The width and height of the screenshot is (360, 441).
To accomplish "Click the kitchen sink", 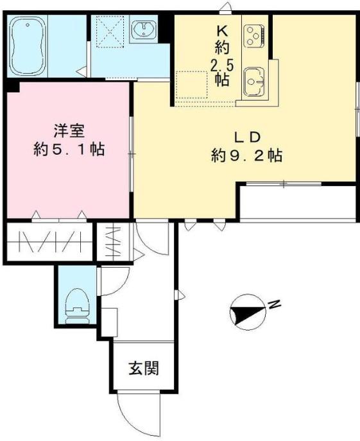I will pos(255,82).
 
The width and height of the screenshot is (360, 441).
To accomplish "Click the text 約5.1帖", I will pos(69,150).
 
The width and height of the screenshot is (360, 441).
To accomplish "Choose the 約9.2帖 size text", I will pos(247,155).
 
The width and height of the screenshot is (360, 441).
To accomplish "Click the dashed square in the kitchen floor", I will pos(193,83).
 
